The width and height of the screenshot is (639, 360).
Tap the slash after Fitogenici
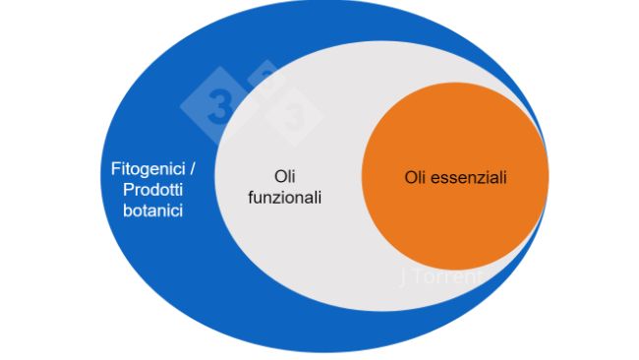coord(180,168)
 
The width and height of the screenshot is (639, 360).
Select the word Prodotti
coord(146,189)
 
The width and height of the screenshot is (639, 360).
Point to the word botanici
coord(146,210)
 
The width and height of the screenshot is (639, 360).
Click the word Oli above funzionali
coord(285,177)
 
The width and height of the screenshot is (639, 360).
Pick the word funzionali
coord(285,198)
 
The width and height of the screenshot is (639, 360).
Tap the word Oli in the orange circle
coord(417,178)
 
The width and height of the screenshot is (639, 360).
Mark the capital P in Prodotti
coord(121,189)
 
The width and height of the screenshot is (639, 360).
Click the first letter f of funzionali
coord(250,198)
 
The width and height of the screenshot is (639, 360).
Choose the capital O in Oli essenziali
coord(410,178)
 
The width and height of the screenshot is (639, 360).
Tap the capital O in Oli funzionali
coord(278,177)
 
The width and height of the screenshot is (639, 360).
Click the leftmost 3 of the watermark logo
coord(215,106)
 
